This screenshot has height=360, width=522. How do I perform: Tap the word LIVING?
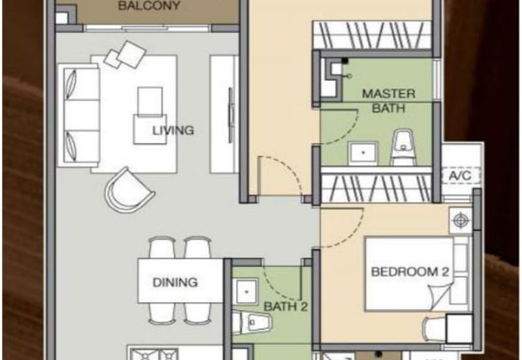173,130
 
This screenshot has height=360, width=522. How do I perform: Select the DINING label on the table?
175,282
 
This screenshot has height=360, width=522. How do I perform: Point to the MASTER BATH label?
388,100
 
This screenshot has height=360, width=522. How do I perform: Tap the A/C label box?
461,175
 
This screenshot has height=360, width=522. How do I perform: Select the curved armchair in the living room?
129,189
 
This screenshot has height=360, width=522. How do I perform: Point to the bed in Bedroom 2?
411,274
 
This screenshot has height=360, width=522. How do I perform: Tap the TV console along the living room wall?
224,114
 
